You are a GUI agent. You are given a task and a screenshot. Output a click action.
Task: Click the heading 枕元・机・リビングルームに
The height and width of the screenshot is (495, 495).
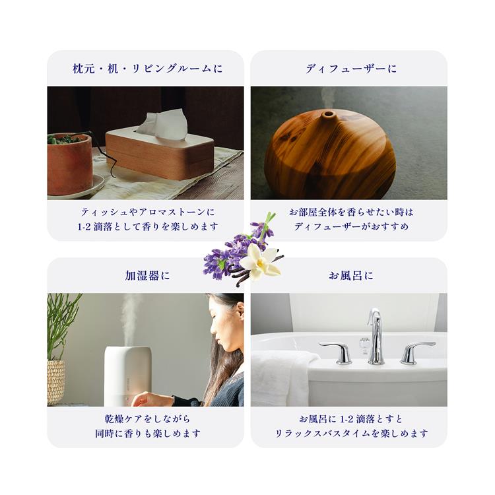[147, 69]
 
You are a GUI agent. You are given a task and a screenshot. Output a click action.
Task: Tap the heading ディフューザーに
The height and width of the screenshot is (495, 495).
[350, 69]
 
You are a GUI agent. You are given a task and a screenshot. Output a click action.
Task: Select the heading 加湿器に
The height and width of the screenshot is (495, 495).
[147, 276]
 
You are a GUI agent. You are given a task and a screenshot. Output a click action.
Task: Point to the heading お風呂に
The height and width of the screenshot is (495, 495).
[350, 276]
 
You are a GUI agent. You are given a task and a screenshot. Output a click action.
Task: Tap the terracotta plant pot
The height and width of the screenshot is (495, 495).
[70, 164]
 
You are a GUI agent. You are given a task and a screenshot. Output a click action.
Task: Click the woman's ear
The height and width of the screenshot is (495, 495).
[240, 311]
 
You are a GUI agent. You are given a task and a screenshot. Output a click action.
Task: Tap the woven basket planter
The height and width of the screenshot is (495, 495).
[55, 382]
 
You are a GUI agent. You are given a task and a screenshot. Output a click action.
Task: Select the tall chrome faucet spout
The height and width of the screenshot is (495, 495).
[376, 337]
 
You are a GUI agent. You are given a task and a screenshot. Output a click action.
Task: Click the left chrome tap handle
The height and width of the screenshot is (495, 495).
[337, 352]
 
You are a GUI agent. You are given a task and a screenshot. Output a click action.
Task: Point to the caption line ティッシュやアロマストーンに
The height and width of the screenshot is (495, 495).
[147, 212]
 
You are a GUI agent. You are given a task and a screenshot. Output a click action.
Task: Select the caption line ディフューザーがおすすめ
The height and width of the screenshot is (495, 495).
[351, 226]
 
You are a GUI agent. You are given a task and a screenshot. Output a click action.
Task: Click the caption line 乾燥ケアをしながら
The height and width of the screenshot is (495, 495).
[147, 419]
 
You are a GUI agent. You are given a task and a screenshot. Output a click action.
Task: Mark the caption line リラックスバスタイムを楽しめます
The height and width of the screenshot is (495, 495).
[351, 434]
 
